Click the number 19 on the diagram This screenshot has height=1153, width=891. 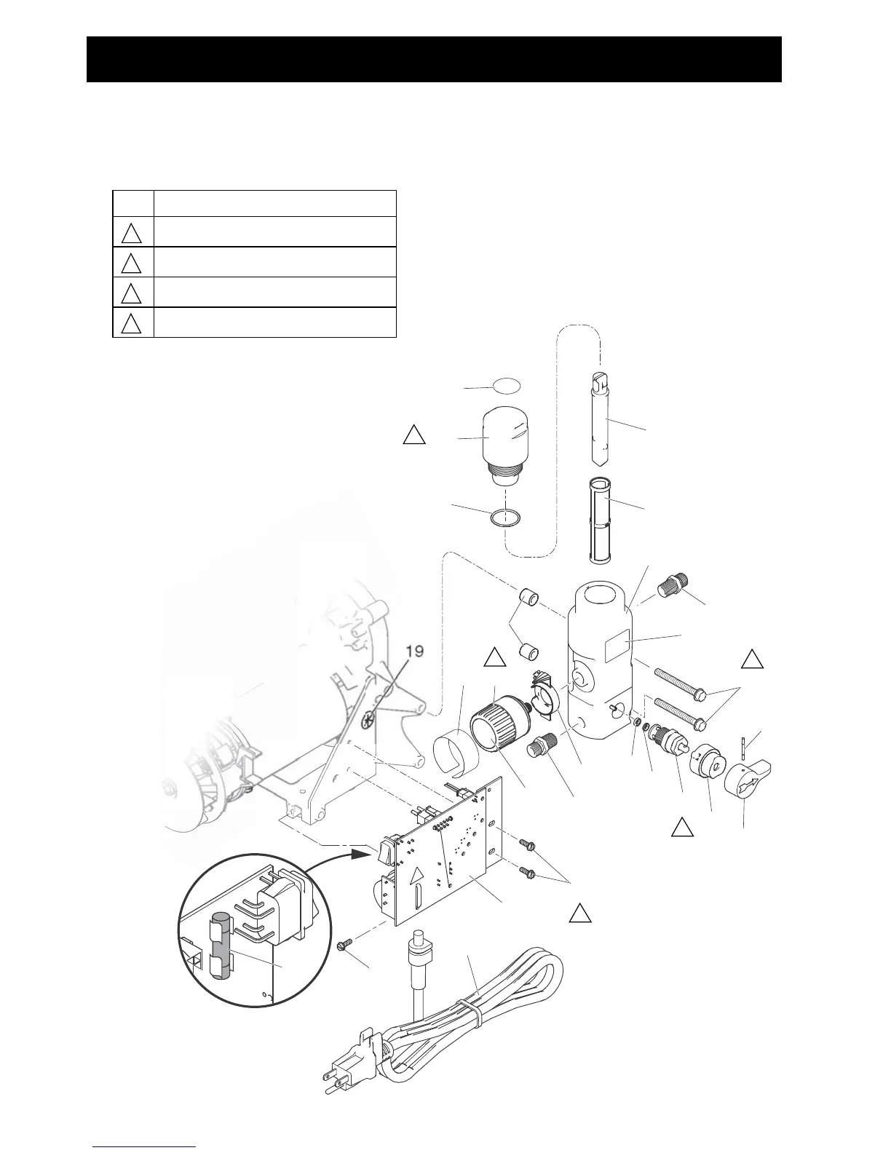[x=414, y=651]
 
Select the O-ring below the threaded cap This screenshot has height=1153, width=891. [x=505, y=518]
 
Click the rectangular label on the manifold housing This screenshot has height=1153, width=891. [x=616, y=646]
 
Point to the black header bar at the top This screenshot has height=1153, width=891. [x=434, y=59]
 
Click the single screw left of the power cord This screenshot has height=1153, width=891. [x=346, y=943]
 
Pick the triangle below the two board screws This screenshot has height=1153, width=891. [x=579, y=913]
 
